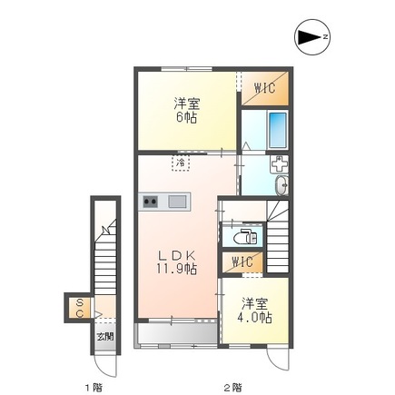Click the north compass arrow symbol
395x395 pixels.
click(311, 37)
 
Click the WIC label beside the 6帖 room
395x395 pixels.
click(264, 88)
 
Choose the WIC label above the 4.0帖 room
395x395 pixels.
click(242, 262)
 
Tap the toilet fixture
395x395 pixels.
click(243, 238)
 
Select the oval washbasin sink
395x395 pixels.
click(281, 187)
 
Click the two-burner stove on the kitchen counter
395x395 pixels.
click(149, 201)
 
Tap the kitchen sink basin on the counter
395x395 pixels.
click(175, 201)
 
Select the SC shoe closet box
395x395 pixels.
click(79, 308)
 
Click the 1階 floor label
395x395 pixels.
click(94, 387)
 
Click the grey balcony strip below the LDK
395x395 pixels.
click(177, 335)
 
